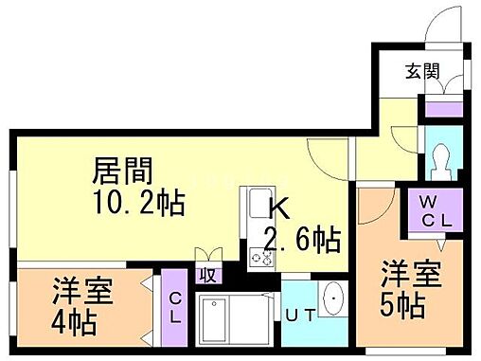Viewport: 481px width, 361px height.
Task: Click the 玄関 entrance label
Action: coord(422,71)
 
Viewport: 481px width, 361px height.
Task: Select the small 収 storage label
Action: coord(205,277)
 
